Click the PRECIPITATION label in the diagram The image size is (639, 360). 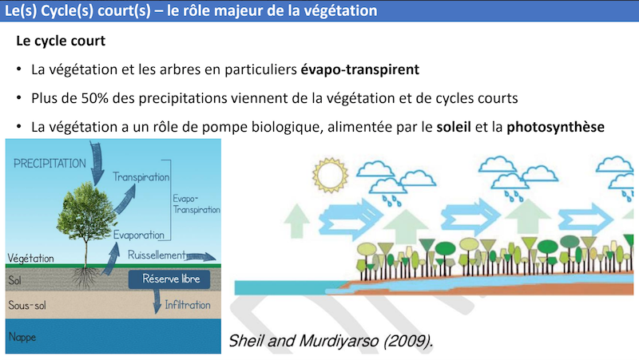click(x=49, y=163)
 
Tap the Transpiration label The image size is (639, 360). click(x=141, y=177)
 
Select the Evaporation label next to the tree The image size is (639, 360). click(x=138, y=235)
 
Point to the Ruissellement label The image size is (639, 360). click(x=157, y=255)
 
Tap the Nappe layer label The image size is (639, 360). click(x=23, y=336)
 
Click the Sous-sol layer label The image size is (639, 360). click(x=28, y=306)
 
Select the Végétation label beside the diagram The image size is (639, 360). click(x=30, y=258)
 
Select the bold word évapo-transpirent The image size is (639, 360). click(x=359, y=69)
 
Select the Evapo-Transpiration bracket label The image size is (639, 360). click(x=196, y=203)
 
